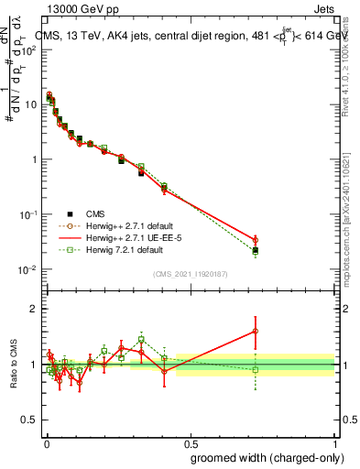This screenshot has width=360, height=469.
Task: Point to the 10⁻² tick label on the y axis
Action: (x=27, y=269)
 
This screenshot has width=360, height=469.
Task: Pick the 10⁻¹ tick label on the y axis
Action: (x=27, y=214)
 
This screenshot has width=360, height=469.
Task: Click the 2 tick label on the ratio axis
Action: (x=33, y=309)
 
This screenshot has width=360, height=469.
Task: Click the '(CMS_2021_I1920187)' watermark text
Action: (x=191, y=272)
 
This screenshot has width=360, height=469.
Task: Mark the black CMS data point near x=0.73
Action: (x=256, y=250)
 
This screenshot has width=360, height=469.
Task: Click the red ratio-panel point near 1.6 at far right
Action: (x=256, y=331)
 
